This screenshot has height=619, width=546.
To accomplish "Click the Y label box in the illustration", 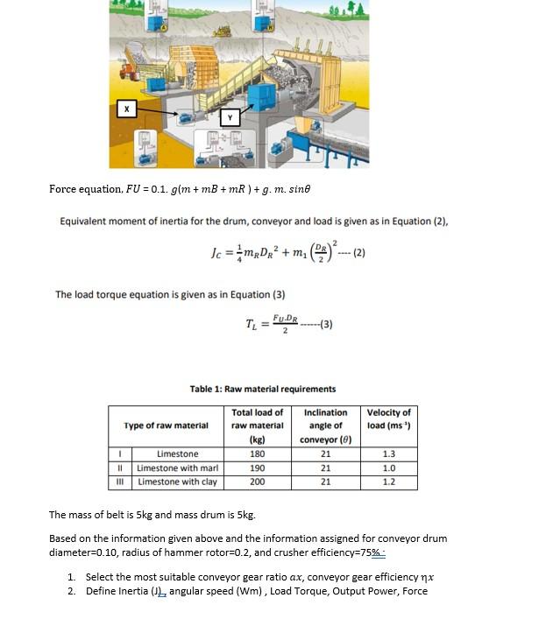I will (230, 116).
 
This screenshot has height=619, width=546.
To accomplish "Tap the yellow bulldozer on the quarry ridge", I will (222, 32).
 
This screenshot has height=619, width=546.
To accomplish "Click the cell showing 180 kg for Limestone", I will (257, 454).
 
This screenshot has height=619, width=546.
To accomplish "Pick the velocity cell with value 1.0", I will (388, 468).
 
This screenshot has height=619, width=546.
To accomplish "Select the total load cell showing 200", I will (257, 482).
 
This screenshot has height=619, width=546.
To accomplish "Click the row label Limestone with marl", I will (178, 468).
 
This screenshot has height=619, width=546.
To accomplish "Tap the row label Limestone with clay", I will (178, 482).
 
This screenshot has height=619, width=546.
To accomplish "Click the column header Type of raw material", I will (167, 426).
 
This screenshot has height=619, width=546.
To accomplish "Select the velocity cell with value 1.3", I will (388, 454).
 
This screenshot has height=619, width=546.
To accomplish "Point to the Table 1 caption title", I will (262, 389).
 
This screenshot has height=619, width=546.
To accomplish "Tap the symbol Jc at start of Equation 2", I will (219, 254).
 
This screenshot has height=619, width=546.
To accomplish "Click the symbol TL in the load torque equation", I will (252, 325).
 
